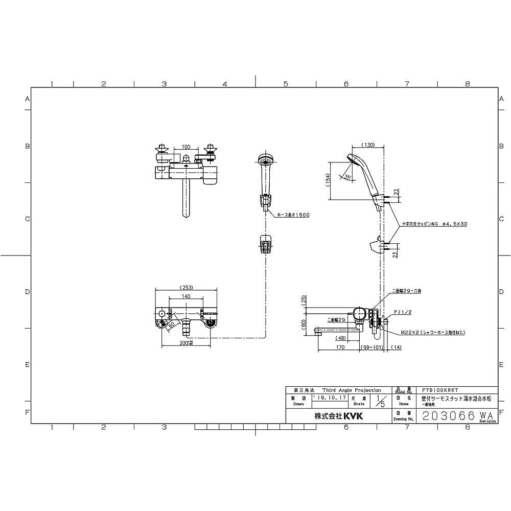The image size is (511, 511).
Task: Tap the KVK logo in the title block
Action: [x=352, y=416]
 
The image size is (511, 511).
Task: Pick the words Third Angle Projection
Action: [x=352, y=390]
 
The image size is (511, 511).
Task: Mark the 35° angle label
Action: [x=348, y=177]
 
